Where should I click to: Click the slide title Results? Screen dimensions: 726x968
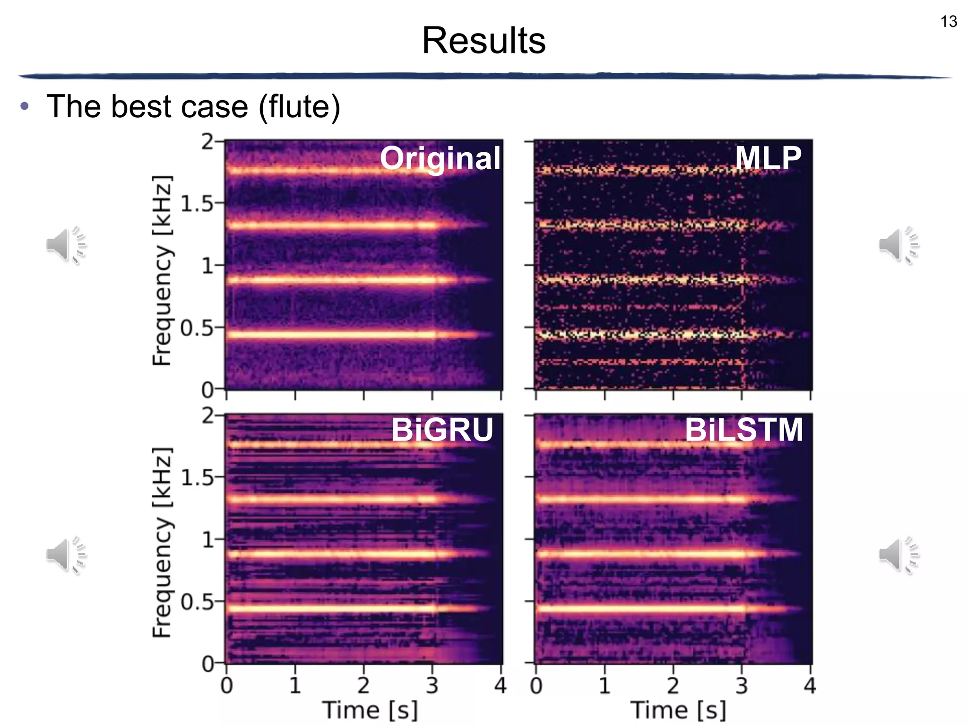click(x=484, y=41)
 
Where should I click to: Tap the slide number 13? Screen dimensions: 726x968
click(x=948, y=22)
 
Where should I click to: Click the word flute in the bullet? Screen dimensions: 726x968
click(x=299, y=106)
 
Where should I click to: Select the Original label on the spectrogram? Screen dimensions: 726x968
click(x=440, y=158)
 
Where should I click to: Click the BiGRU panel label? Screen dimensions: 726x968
click(x=442, y=430)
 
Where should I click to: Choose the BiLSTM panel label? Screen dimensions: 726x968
click(x=744, y=430)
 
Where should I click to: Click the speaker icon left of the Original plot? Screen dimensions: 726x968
click(x=66, y=245)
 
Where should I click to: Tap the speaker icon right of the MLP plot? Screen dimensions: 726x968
click(x=899, y=245)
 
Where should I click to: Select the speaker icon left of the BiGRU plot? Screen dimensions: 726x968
click(x=66, y=555)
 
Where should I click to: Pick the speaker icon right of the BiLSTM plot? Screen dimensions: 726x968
click(x=899, y=555)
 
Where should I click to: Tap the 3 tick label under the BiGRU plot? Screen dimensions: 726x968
click(x=432, y=685)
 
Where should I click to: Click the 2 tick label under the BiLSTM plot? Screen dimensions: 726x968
click(x=673, y=685)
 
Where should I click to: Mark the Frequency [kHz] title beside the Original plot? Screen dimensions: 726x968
click(x=162, y=270)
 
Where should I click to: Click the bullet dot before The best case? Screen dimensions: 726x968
click(x=25, y=106)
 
